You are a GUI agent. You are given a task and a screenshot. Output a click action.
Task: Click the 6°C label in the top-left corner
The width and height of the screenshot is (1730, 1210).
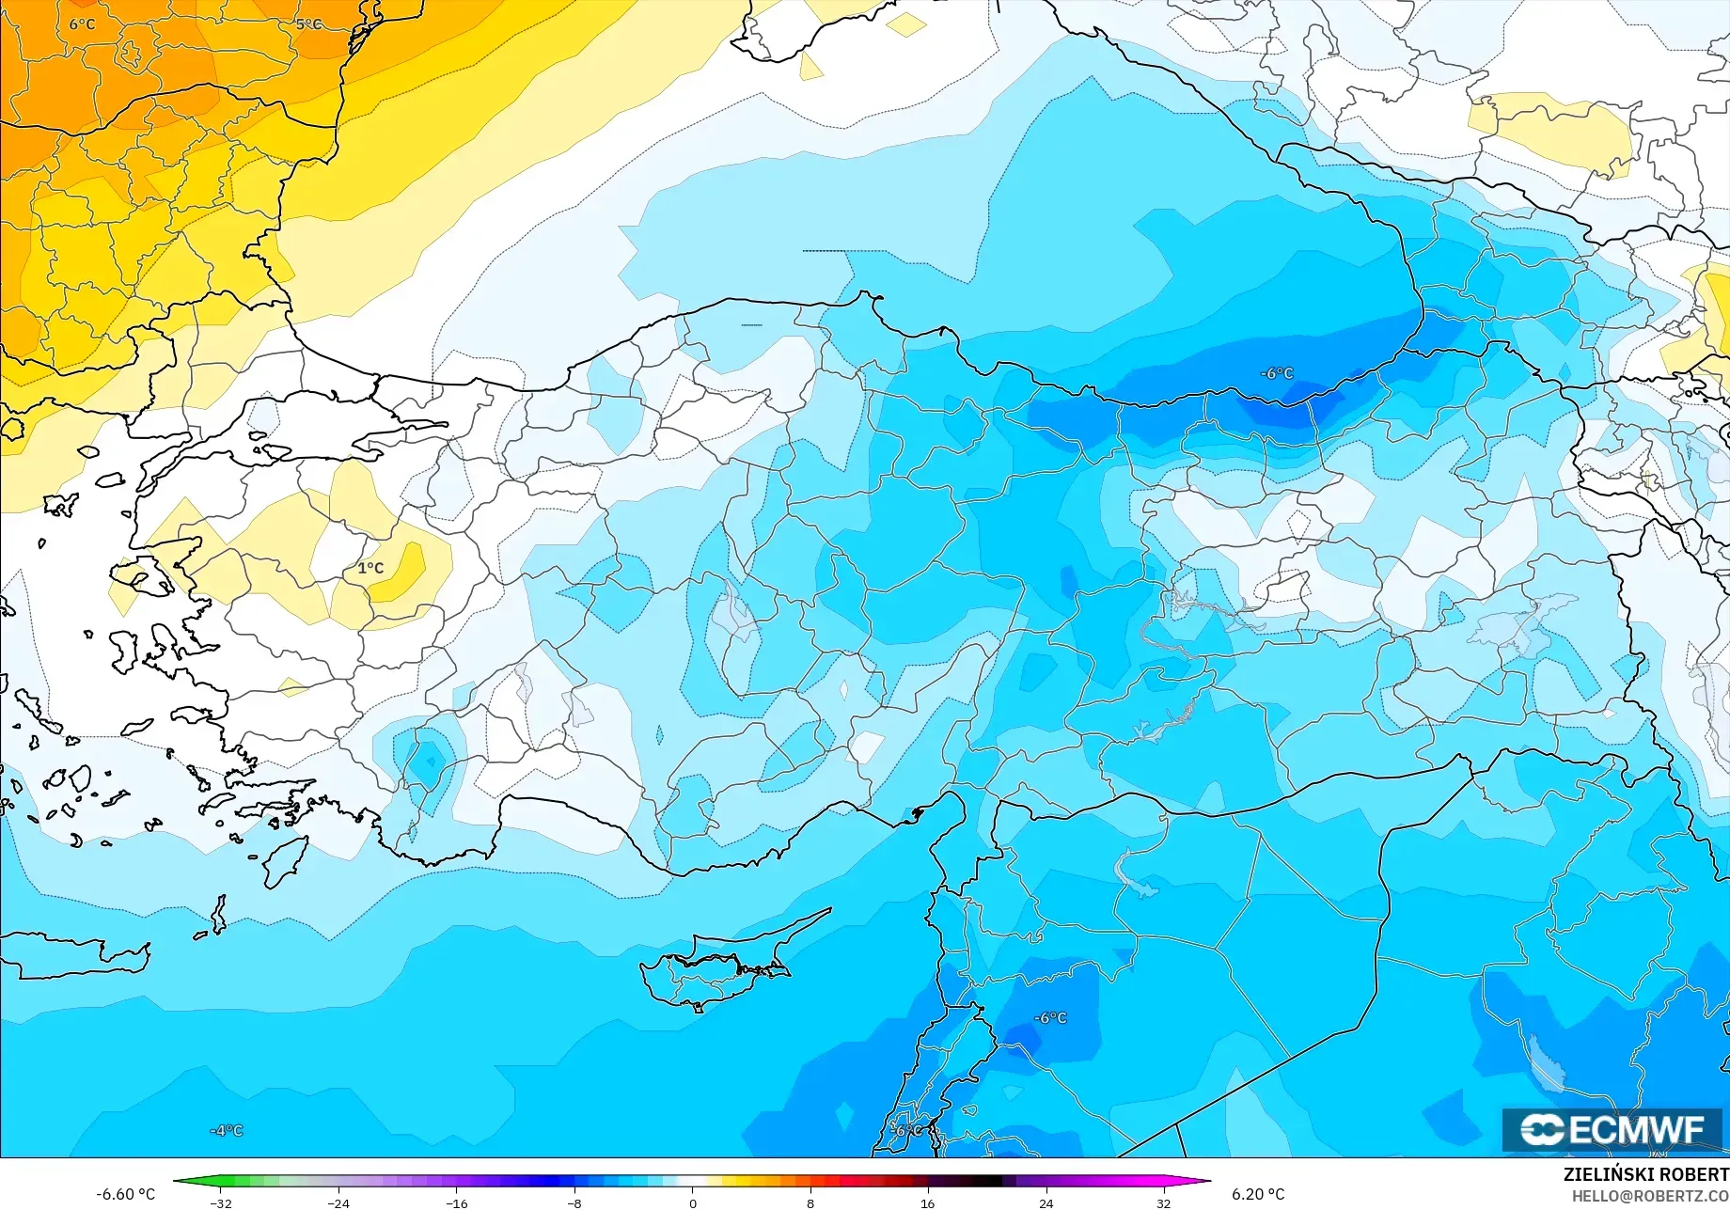[82, 24]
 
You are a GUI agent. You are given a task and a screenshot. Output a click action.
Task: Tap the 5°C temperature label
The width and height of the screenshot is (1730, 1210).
[308, 24]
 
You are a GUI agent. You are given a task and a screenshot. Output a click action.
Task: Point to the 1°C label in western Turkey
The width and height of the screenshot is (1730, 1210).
[370, 568]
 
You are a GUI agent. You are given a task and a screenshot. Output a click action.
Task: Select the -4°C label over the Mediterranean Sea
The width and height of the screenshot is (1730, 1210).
[226, 1130]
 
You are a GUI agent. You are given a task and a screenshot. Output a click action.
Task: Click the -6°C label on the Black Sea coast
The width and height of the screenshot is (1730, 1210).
[1277, 373]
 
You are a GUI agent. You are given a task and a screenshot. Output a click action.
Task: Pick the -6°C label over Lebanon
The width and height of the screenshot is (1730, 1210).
[908, 1130]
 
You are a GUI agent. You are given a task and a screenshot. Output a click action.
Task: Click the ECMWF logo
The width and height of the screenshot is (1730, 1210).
[1612, 1129]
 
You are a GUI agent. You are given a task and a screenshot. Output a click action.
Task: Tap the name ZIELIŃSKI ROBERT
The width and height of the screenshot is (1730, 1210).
[1645, 1174]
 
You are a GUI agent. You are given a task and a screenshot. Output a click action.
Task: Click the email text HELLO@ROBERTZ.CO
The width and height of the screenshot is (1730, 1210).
[1650, 1196]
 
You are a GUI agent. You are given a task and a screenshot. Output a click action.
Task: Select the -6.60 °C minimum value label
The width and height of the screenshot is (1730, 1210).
[125, 1194]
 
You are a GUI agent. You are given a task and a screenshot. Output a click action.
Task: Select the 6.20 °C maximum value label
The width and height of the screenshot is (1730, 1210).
[1258, 1194]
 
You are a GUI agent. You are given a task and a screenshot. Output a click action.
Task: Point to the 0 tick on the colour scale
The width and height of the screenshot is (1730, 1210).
[693, 1202]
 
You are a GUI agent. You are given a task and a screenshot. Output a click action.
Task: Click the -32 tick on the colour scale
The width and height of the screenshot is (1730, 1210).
[221, 1202]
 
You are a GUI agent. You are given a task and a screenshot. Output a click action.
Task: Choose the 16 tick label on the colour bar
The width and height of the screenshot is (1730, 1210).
[928, 1202]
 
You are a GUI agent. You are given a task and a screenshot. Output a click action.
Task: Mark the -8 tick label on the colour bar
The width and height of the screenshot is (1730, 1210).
[574, 1202]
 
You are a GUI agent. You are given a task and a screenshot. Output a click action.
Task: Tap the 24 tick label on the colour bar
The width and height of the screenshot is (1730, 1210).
[1046, 1202]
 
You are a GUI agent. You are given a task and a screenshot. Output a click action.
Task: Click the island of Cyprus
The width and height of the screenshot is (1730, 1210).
[715, 973]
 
